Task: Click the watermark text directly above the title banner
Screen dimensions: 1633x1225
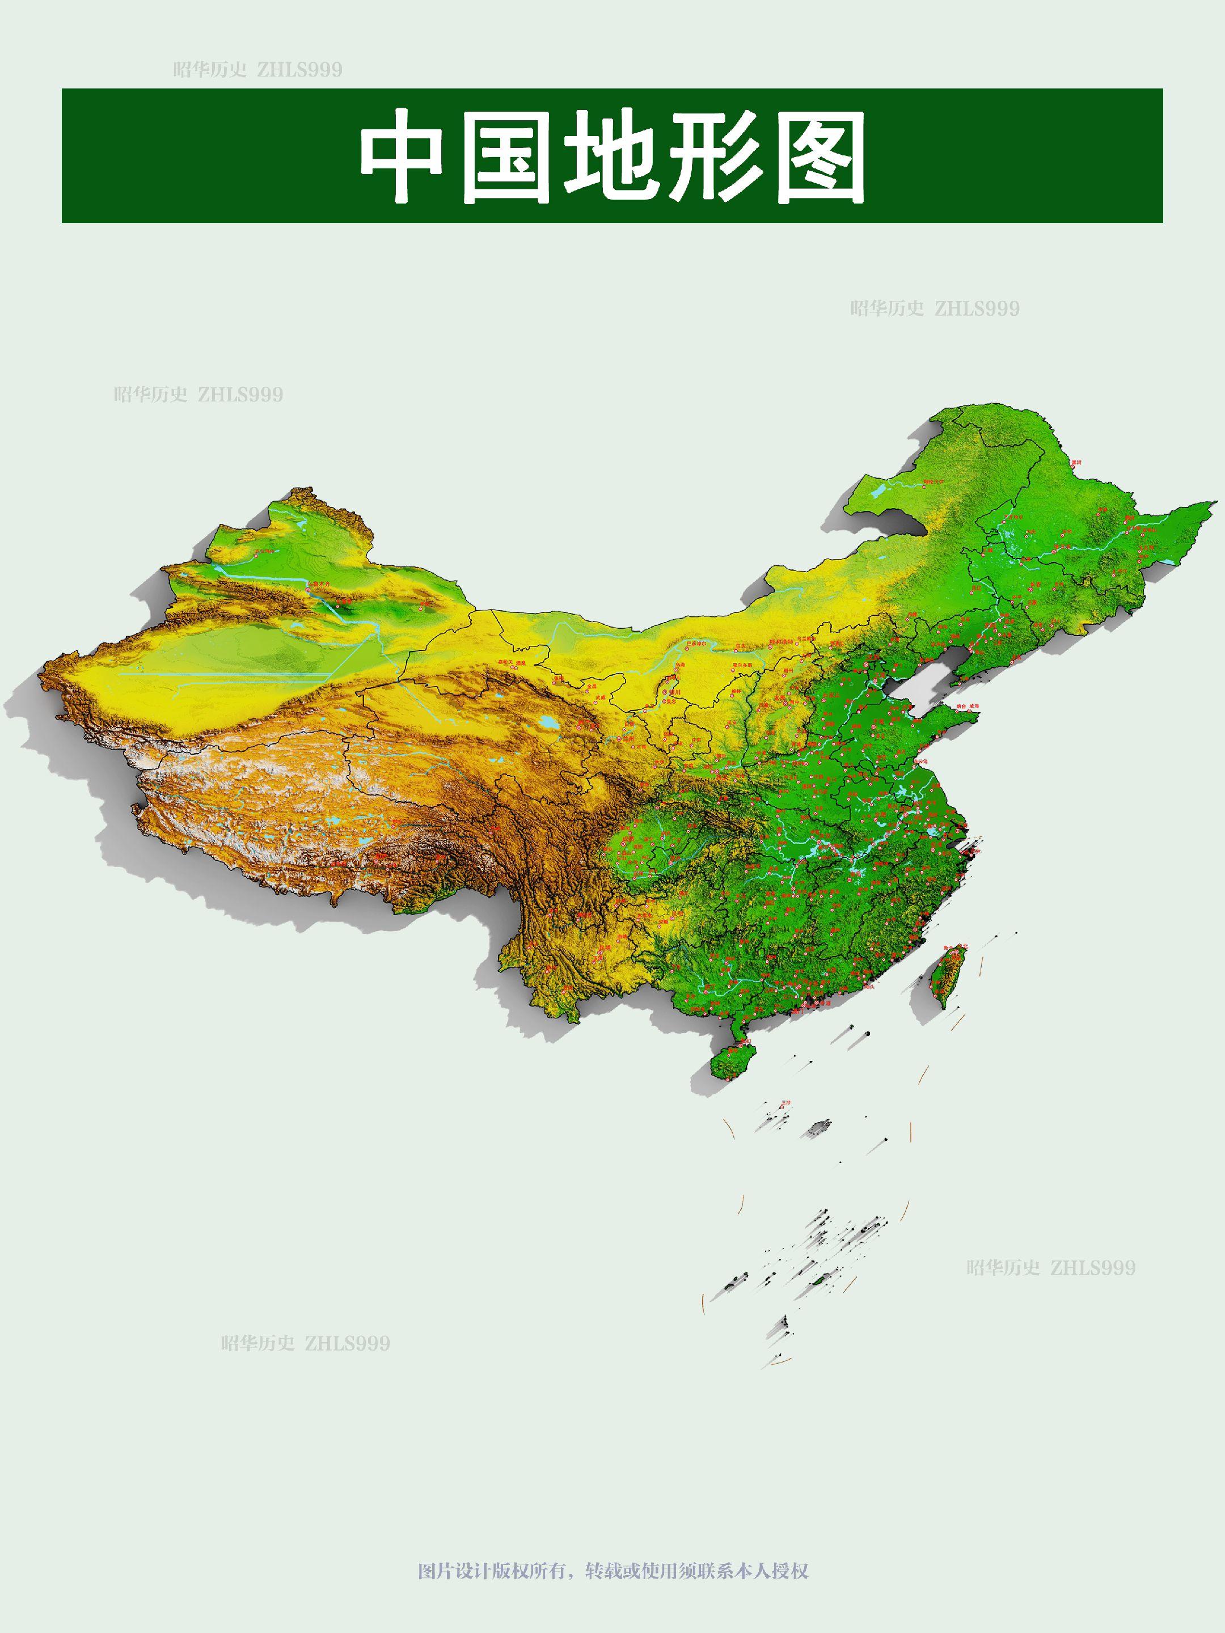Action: pyautogui.click(x=257, y=70)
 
